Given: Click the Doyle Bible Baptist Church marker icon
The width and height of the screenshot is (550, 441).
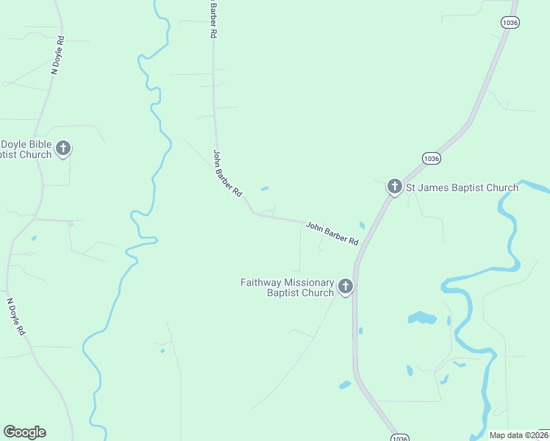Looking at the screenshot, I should (x=63, y=148).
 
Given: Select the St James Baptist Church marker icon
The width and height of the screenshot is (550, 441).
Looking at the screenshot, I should (x=394, y=187).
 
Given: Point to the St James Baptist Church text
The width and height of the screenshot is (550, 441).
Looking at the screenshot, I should (x=463, y=187).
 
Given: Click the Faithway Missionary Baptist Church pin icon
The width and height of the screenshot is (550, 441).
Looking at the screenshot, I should (x=345, y=287).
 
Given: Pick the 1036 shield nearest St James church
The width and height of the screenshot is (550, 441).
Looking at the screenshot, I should (x=432, y=158).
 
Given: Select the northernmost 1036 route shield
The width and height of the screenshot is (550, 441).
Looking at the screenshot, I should (x=510, y=23).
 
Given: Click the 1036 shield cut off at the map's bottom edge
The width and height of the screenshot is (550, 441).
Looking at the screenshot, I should (x=398, y=437).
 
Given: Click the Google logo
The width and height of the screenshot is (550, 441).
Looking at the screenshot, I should (x=24, y=432).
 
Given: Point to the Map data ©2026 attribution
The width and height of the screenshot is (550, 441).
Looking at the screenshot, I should (x=519, y=435).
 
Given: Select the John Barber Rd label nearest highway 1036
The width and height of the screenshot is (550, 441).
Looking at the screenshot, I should (x=332, y=234).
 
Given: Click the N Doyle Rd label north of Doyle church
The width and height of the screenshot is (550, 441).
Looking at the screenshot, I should (x=57, y=55).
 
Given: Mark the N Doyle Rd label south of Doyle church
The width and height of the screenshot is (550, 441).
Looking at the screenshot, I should (x=16, y=318).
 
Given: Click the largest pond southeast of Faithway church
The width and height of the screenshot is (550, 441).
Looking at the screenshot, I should (x=421, y=318).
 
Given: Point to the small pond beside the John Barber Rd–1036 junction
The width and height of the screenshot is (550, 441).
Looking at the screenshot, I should (x=362, y=226).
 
